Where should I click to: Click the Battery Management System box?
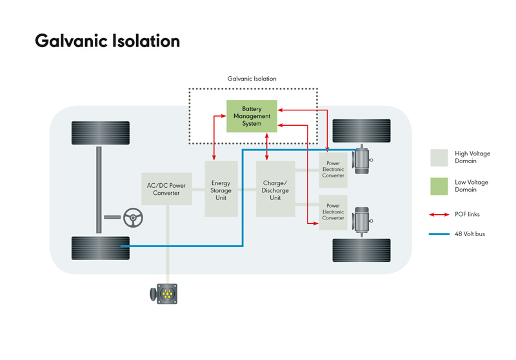(252, 116)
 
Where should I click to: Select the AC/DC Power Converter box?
(166, 189)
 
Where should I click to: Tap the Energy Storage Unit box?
(221, 190)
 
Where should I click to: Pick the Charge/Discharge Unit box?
(275, 190)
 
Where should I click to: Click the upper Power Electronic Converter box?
(333, 170)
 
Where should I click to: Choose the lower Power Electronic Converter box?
(333, 212)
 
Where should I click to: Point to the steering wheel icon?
(133, 218)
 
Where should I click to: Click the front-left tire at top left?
(101, 133)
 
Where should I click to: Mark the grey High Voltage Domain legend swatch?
(439, 157)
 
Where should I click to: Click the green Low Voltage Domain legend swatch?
(439, 186)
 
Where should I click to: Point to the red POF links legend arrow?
(439, 214)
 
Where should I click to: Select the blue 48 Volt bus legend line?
(439, 234)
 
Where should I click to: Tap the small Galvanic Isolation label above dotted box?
(252, 79)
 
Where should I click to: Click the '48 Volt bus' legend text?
(470, 234)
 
